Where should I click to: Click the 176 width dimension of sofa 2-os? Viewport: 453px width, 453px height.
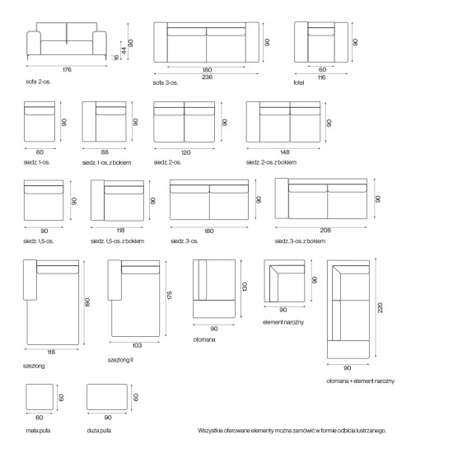click(67, 70)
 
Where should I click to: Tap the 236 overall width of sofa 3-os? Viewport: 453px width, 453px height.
click(207, 77)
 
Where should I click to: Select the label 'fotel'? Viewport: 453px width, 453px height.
click(299, 82)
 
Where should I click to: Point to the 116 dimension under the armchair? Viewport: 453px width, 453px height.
click(321, 77)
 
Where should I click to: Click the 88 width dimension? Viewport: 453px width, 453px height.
click(105, 152)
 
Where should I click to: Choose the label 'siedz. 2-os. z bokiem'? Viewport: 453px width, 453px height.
click(271, 162)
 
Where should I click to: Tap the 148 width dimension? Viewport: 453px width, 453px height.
click(285, 152)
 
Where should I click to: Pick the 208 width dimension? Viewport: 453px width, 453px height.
click(325, 231)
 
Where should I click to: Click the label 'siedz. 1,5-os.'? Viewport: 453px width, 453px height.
click(38, 241)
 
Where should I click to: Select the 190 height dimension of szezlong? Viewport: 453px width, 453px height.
click(88, 302)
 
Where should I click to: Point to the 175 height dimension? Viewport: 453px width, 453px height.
click(170, 295)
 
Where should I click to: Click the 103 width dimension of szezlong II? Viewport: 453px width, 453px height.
click(137, 346)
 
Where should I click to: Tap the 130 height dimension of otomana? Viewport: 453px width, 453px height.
click(245, 287)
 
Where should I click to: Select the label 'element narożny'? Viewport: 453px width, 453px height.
click(283, 322)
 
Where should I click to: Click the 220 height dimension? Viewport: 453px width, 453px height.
click(380, 308)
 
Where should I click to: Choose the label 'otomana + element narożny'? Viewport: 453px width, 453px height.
click(360, 381)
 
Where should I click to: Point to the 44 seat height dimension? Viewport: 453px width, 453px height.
click(124, 50)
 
